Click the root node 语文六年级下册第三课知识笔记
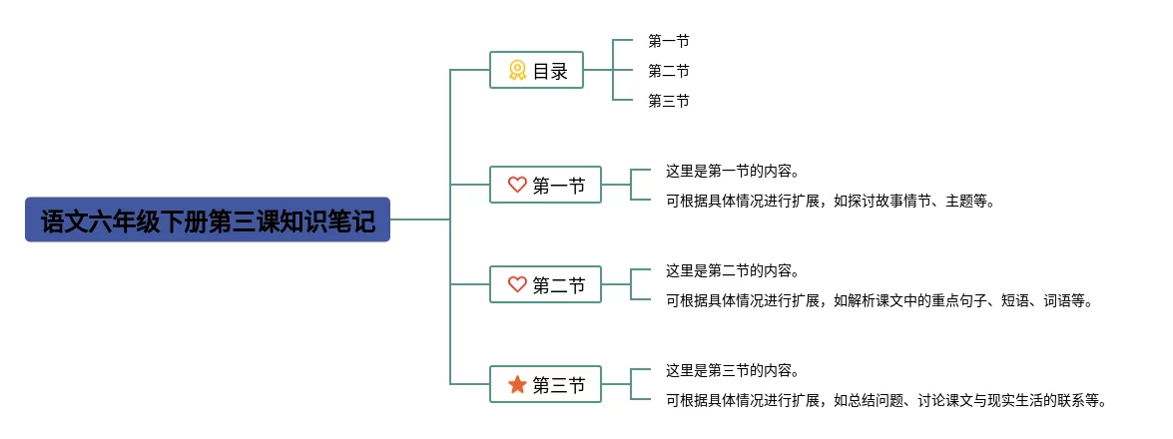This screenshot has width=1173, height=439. tap(207, 219)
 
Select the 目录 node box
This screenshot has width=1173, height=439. tap(536, 70)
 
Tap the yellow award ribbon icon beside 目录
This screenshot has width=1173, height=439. tap(517, 70)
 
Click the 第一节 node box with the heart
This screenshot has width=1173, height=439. tap(545, 185)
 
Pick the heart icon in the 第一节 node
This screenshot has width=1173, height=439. tap(517, 185)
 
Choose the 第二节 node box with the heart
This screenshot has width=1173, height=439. tap(545, 284)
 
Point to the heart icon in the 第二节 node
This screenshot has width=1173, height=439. tap(517, 284)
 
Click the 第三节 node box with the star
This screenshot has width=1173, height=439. tap(545, 384)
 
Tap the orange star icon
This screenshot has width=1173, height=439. tap(517, 384)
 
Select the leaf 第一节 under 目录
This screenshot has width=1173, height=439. tap(668, 41)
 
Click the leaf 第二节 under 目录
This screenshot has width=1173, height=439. tap(668, 71)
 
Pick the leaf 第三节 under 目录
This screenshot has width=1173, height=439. tap(668, 101)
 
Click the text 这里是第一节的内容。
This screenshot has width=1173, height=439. tap(733, 171)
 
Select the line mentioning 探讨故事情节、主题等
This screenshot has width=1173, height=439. tap(831, 201)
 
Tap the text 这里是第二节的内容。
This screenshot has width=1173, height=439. tap(733, 270)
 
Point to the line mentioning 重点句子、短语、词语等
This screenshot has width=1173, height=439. tap(880, 300)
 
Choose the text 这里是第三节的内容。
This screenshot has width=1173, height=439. tap(733, 371)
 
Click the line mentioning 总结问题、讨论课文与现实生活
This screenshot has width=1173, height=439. tap(886, 401)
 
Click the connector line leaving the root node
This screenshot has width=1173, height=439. tap(419, 219)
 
